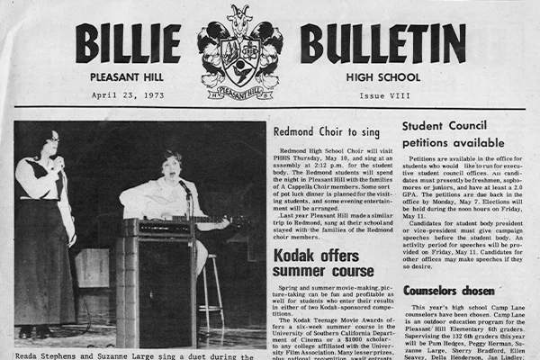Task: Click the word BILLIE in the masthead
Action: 128,44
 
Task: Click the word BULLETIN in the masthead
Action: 382,44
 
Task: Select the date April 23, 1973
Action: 127,94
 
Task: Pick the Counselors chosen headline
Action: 447,291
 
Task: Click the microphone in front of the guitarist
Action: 184,187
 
